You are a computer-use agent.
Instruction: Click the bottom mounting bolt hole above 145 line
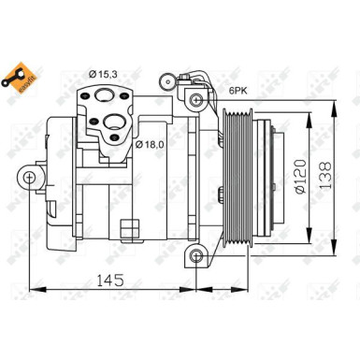tap(195, 257)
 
